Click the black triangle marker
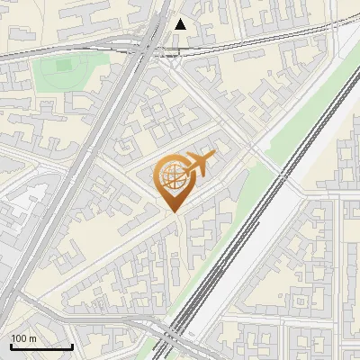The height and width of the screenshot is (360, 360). coord(182,24)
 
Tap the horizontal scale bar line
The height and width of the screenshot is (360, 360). coord(41,346)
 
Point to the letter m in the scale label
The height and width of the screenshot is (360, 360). coord(33,338)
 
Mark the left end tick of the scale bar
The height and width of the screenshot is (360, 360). coord(11,345)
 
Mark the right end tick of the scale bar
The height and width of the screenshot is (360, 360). coord(72,345)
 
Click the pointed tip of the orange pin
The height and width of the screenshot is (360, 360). coord(173,212)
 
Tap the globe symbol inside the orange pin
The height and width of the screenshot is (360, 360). coord(171,175)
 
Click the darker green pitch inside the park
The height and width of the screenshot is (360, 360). coord(62,66)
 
